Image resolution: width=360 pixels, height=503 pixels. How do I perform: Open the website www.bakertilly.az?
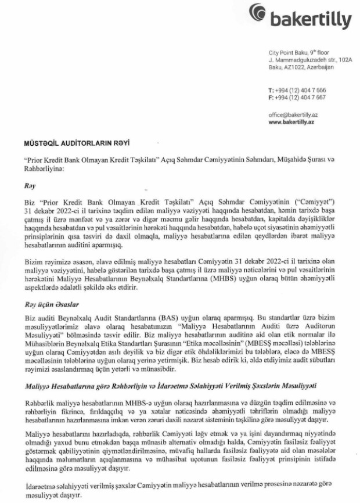[294, 123]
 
